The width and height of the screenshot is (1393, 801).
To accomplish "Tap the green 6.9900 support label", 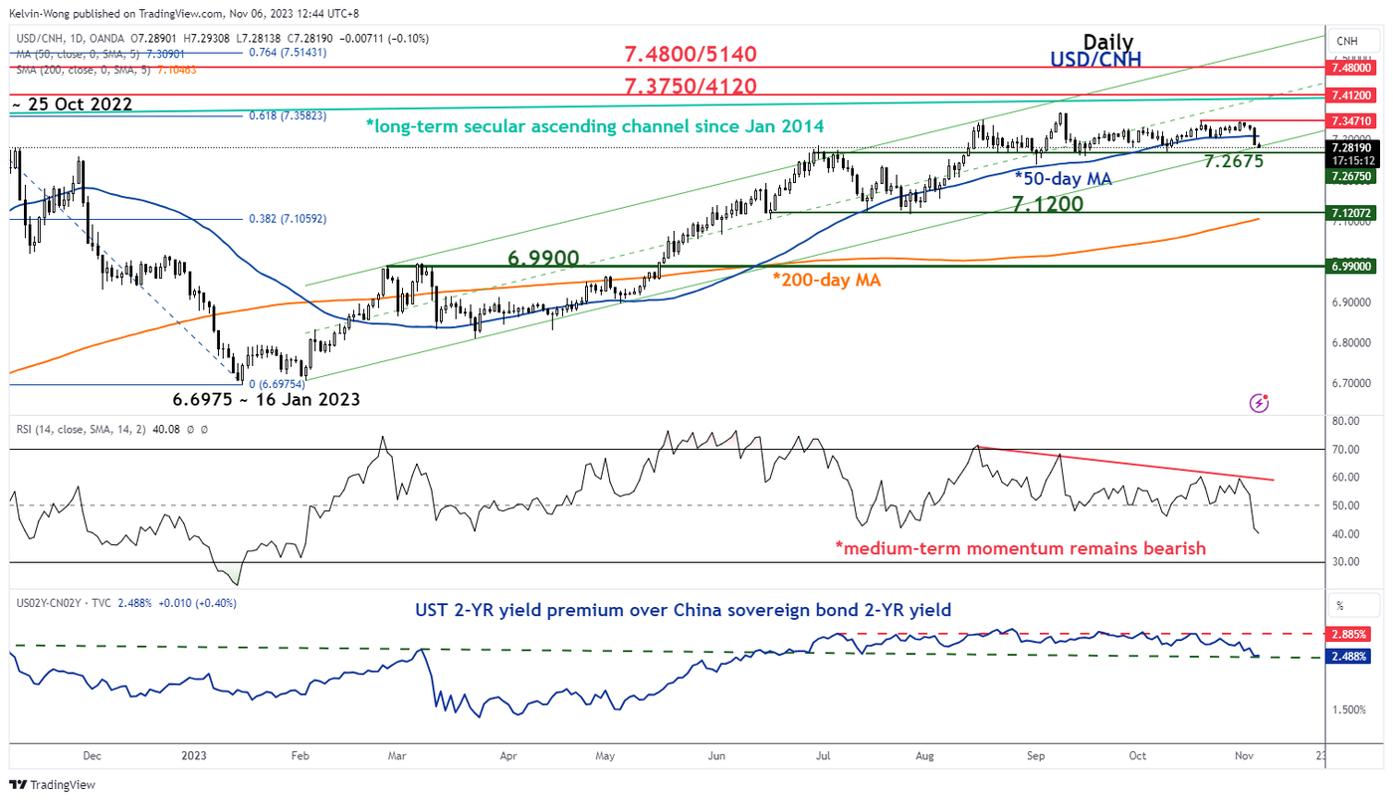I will (x=544, y=258).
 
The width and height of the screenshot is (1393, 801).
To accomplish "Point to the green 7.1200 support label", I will (x=1048, y=204).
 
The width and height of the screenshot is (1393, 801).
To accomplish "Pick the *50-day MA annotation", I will (x=1064, y=178).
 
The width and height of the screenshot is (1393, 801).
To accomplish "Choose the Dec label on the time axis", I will (x=92, y=754).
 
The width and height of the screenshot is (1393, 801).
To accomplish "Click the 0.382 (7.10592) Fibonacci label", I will (x=289, y=219).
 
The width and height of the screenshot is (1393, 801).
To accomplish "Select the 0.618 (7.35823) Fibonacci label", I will (x=289, y=116).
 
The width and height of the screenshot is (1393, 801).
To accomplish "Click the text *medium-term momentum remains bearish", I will (x=1020, y=548).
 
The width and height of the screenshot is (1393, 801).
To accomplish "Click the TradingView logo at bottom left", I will (x=54, y=784).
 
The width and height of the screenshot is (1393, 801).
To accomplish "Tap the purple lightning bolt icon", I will (x=1259, y=403).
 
